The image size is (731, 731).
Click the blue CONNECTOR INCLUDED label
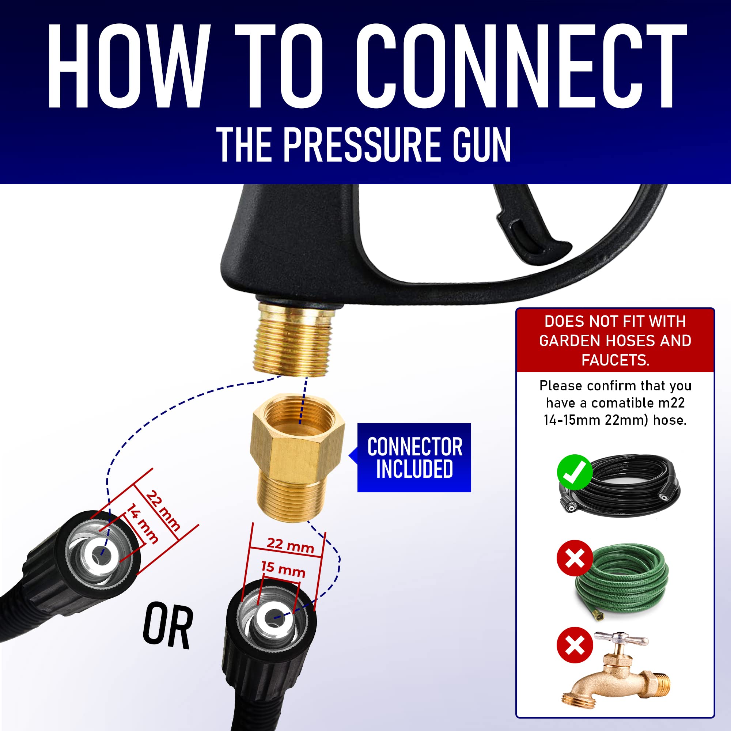[414, 458]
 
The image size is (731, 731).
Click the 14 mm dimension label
[142, 524]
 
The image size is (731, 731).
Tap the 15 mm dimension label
[283, 569]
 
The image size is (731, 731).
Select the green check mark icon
[574, 472]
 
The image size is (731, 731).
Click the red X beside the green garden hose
[574, 558]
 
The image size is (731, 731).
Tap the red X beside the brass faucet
[574, 645]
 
